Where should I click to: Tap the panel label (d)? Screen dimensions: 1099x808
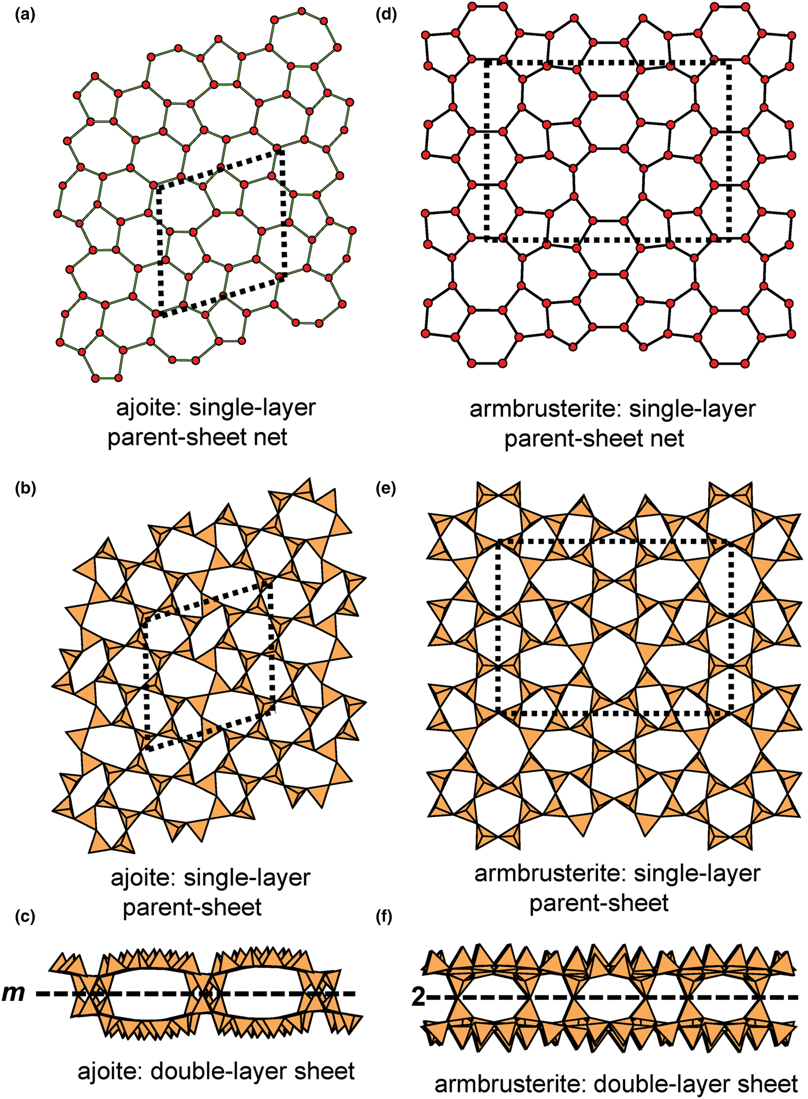click(386, 16)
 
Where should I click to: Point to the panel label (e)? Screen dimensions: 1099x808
click(386, 489)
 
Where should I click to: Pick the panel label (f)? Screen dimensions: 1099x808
click(384, 917)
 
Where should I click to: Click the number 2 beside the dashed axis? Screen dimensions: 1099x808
click(418, 997)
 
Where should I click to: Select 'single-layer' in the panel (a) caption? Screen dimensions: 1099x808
click(253, 408)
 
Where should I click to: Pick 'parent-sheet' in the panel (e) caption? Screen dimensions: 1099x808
click(598, 903)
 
